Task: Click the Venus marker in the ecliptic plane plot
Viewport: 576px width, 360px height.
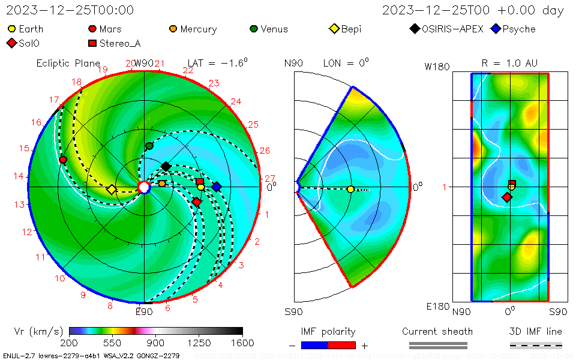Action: (x=149, y=146)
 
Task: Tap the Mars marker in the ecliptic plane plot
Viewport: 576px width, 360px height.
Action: (x=63, y=160)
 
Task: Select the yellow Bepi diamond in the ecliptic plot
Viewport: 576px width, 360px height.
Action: (x=112, y=190)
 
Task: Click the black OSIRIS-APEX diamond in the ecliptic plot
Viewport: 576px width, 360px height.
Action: (x=166, y=166)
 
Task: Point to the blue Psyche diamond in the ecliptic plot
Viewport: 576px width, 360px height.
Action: (x=217, y=187)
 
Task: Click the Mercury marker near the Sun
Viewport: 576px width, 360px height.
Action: (x=162, y=184)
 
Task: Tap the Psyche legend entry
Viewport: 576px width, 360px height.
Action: (x=513, y=29)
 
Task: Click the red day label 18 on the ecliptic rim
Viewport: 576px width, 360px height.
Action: (x=77, y=82)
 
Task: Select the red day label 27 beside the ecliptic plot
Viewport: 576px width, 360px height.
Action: (x=270, y=178)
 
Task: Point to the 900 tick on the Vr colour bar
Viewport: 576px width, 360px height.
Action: (x=156, y=343)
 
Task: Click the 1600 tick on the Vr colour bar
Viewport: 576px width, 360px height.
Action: (x=242, y=343)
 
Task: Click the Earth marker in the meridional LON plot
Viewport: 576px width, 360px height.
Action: (x=350, y=190)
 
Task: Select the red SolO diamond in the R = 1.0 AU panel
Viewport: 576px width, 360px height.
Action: (x=507, y=197)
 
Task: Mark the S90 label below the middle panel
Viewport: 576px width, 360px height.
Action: (x=294, y=312)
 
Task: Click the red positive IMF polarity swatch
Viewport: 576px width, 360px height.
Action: (x=342, y=345)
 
